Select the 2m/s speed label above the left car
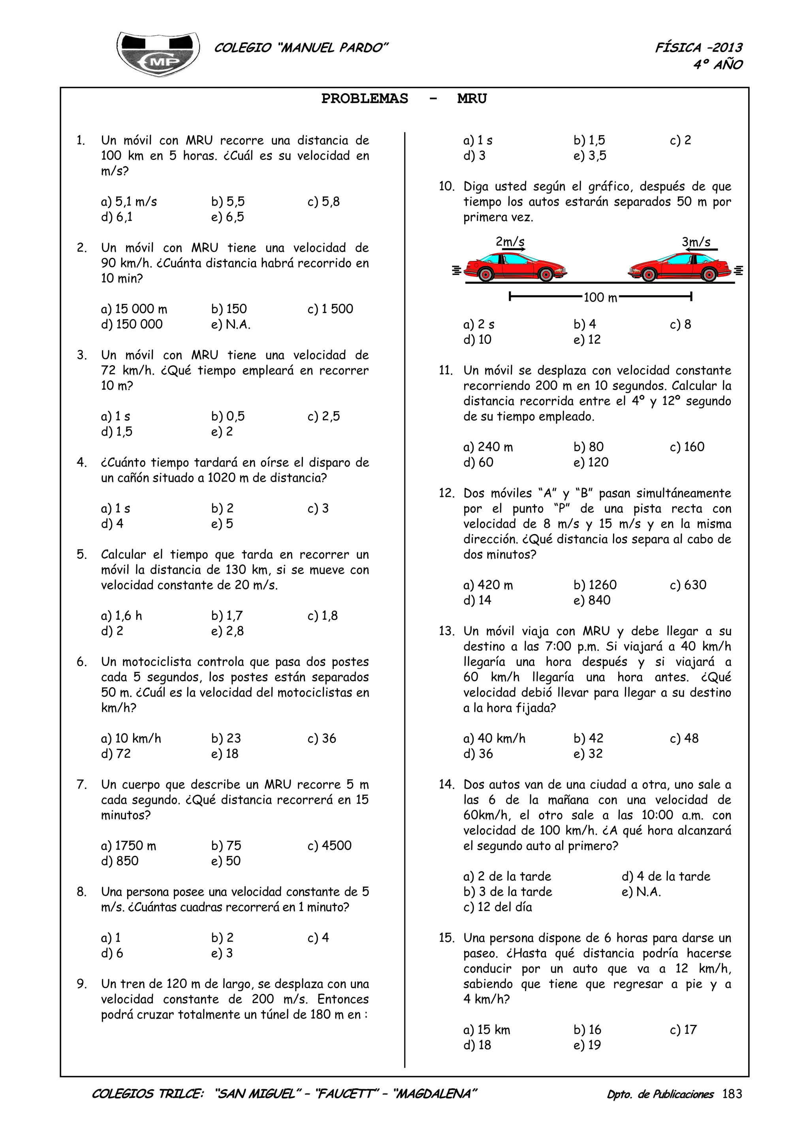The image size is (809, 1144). pyautogui.click(x=510, y=242)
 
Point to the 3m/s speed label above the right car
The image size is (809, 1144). pyautogui.click(x=696, y=242)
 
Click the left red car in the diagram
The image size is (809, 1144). pyautogui.click(x=515, y=267)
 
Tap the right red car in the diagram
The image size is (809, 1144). pyautogui.click(x=680, y=267)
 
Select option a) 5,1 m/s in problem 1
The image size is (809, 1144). pyautogui.click(x=129, y=202)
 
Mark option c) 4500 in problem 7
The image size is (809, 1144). pyautogui.click(x=329, y=846)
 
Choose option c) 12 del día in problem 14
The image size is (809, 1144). pyautogui.click(x=497, y=907)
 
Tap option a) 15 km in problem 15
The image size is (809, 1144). pyautogui.click(x=487, y=1030)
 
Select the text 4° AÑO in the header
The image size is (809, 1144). pyautogui.click(x=718, y=65)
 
